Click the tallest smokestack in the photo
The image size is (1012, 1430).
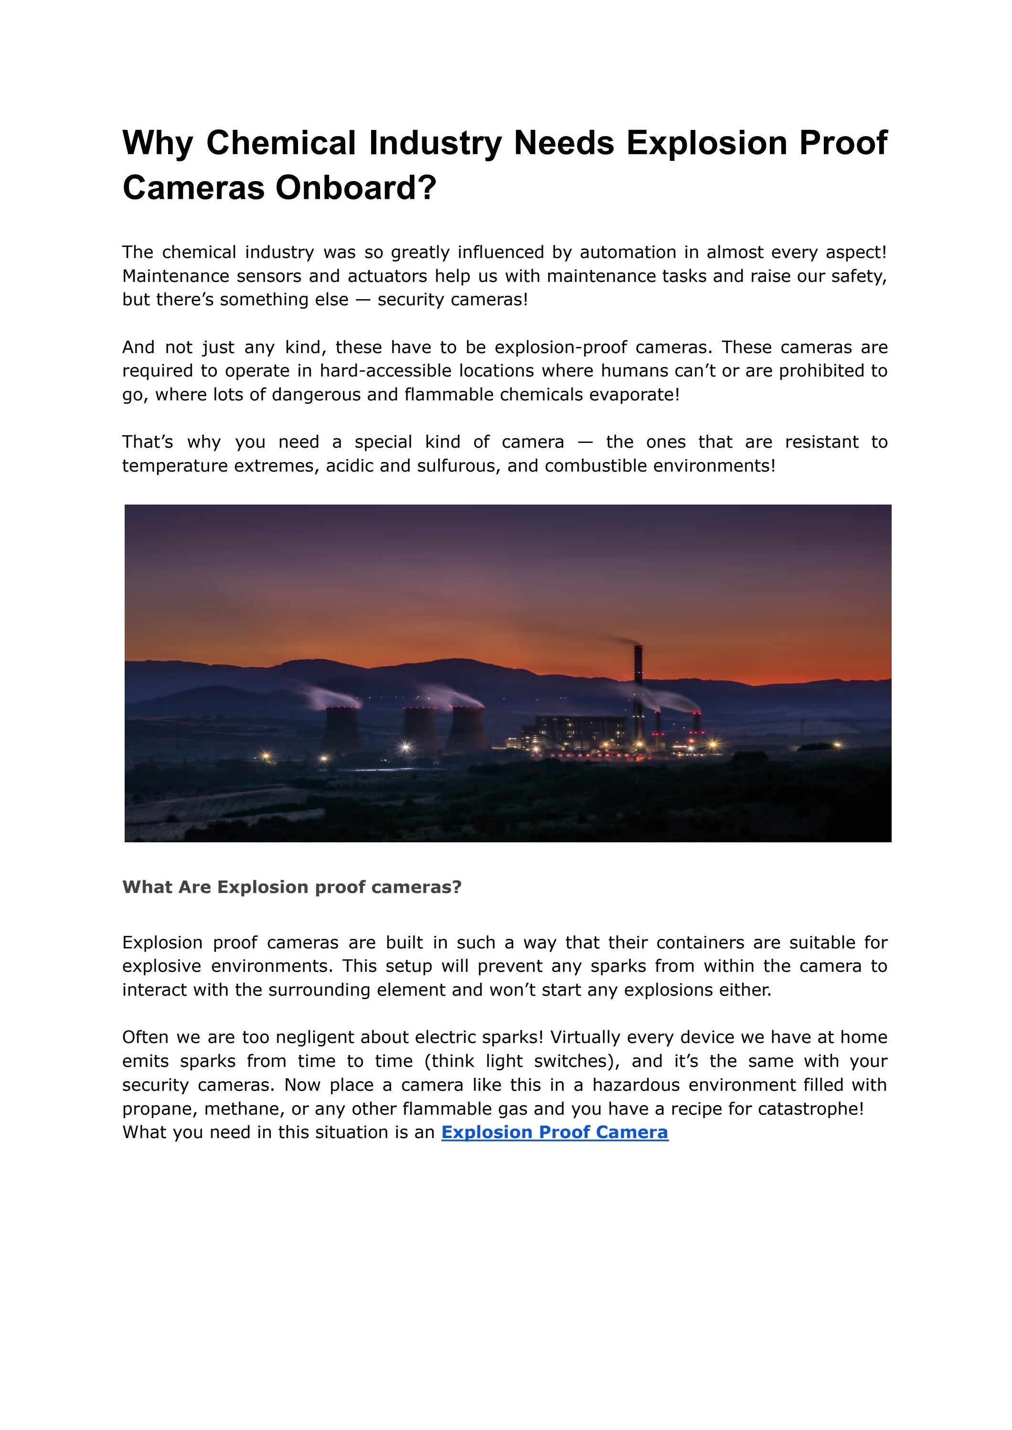point(638,692)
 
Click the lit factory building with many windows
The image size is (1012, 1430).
point(579,732)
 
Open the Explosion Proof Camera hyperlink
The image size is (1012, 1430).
point(554,1132)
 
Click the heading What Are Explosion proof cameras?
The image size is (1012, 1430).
point(292,887)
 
